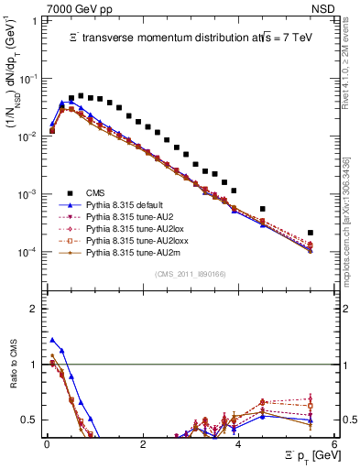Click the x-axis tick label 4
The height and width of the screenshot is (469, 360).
[x=238, y=445]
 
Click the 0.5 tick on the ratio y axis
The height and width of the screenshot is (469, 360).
[x=32, y=420]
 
